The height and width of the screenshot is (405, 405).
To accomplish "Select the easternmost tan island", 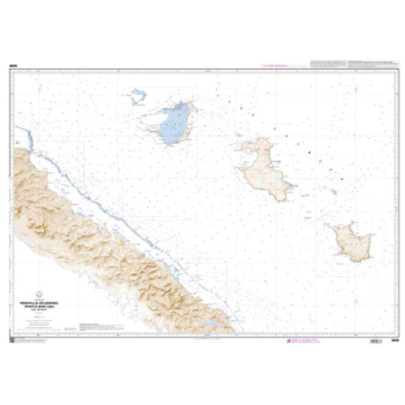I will [x=351, y=239].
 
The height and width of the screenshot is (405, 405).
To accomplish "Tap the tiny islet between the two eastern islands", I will [x=332, y=191].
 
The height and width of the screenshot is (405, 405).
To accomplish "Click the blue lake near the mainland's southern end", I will [x=207, y=321].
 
